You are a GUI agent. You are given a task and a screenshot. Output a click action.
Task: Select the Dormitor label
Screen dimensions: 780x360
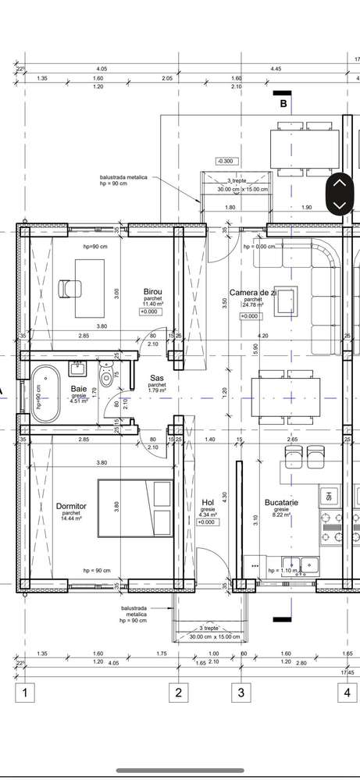click(x=71, y=506)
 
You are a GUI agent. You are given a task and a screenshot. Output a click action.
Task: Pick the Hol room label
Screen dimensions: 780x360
click(x=208, y=503)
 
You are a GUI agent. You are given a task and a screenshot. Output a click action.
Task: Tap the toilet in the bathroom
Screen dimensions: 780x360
click(x=106, y=379)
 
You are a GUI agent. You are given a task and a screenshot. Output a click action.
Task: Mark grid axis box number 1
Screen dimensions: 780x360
click(x=26, y=692)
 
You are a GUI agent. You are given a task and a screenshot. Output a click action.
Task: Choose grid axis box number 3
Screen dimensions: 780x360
click(x=241, y=692)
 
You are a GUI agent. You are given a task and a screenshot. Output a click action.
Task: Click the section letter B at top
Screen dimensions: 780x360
click(x=284, y=102)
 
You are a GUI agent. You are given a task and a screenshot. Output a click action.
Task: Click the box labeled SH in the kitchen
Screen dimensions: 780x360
click(x=329, y=496)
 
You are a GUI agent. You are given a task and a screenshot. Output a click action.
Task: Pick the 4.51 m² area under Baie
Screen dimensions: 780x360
click(x=80, y=401)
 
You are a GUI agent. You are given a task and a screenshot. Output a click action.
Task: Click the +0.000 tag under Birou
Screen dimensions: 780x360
click(x=149, y=312)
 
